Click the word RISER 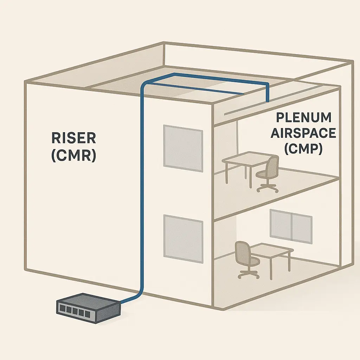click(73, 138)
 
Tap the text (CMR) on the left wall click(73, 155)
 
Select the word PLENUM click(304, 117)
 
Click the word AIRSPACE click(303, 133)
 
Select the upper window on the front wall click(183, 148)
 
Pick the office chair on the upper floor click(269, 174)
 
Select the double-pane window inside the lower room click(291, 226)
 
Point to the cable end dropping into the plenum click(268, 100)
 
